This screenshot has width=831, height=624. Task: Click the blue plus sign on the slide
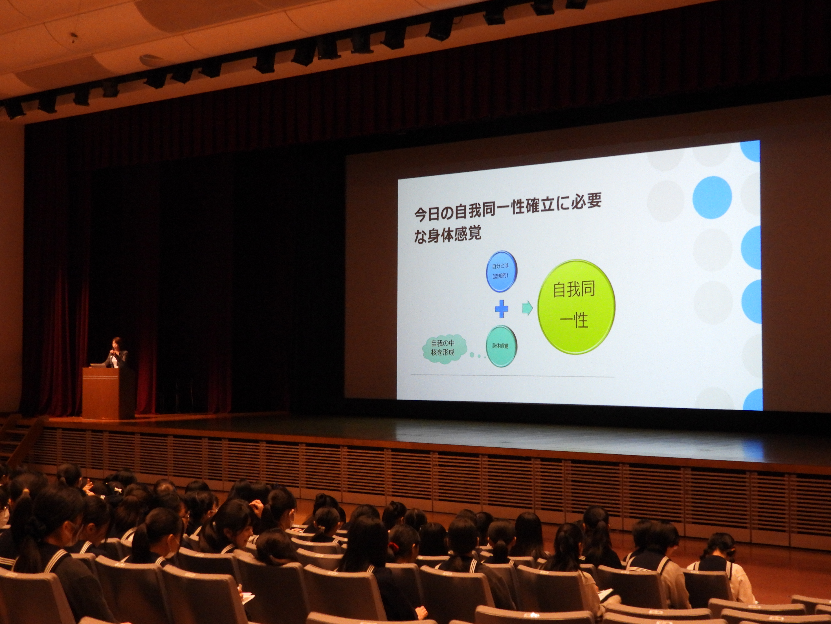pyautogui.click(x=501, y=309)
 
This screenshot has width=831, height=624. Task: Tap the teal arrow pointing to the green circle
pyautogui.click(x=527, y=308)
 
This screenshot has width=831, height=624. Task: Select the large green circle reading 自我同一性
pyautogui.click(x=576, y=307)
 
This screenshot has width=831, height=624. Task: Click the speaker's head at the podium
pyautogui.click(x=116, y=343)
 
